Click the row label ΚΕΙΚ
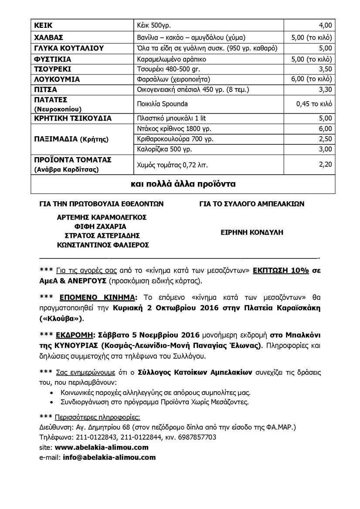(x=44, y=26)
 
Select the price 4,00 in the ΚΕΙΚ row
(x=325, y=26)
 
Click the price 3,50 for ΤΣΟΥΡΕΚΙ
(x=325, y=69)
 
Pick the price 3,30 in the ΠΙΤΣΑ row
(x=325, y=90)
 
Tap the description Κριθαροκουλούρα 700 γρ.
(x=175, y=139)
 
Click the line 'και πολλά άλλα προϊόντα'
(x=183, y=184)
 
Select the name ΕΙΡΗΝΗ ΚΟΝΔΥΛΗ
(x=252, y=232)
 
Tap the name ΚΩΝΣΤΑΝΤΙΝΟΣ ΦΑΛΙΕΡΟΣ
(x=103, y=245)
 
